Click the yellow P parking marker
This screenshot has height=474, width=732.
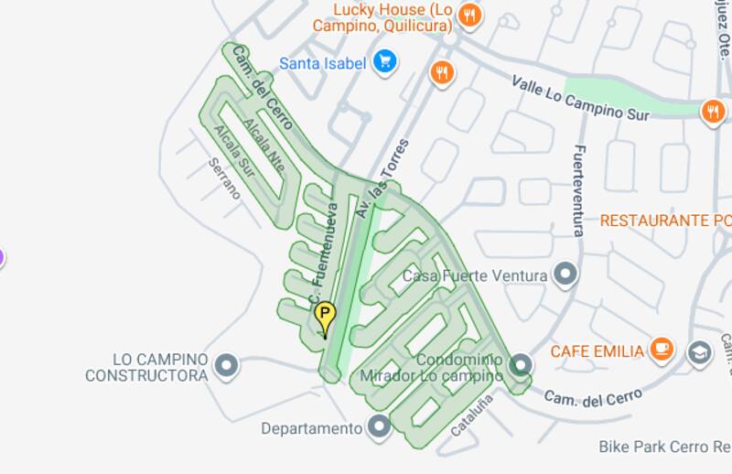point(324,318)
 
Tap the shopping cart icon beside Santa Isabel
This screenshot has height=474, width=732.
point(384,62)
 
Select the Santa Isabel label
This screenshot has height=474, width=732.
point(322,63)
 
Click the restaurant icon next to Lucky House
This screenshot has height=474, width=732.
point(469,14)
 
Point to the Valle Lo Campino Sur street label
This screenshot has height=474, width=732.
point(580,99)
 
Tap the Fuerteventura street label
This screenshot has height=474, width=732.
point(578,190)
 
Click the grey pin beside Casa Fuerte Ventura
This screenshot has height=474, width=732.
point(566,274)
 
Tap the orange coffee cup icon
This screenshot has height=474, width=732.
point(662,349)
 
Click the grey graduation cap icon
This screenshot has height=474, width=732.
point(700,352)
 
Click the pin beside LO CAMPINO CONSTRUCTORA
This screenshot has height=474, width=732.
point(226,367)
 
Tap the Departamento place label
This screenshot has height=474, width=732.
point(311,428)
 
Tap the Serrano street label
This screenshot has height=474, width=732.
point(224,178)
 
